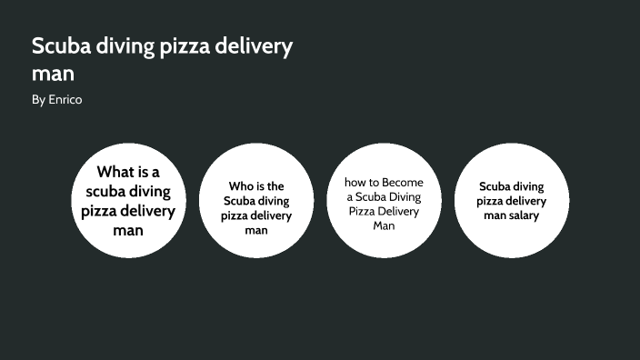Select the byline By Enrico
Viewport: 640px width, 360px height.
tap(56, 100)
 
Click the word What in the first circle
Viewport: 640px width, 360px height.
tap(115, 172)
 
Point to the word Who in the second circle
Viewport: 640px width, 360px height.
tap(239, 186)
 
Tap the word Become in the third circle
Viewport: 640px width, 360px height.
tap(403, 182)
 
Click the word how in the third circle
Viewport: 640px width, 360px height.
tap(355, 182)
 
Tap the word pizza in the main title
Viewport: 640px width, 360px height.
tap(183, 47)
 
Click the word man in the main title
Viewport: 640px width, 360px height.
tap(53, 74)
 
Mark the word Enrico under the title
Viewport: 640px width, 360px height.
tap(65, 100)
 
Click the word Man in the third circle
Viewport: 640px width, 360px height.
tap(384, 225)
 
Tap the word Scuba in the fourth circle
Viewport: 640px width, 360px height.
tap(497, 186)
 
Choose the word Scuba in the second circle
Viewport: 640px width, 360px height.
tap(240, 201)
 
